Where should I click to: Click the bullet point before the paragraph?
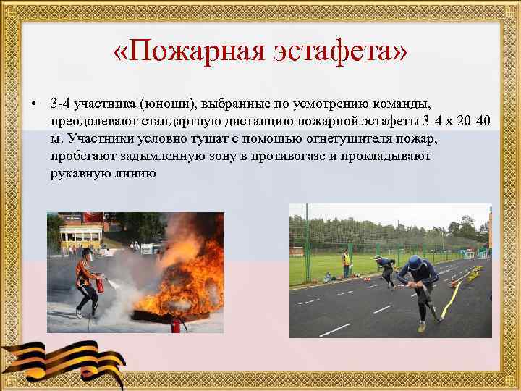click(34, 101)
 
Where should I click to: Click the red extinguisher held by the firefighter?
click(100, 285)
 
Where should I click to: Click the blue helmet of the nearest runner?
click(415, 262)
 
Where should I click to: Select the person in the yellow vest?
click(347, 264)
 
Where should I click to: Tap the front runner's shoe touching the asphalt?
click(422, 327)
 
